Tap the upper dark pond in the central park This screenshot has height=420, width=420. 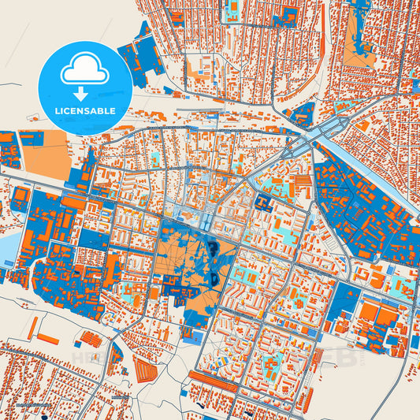214,251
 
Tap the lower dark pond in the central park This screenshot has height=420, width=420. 214,277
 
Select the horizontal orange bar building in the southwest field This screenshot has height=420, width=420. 47,338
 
